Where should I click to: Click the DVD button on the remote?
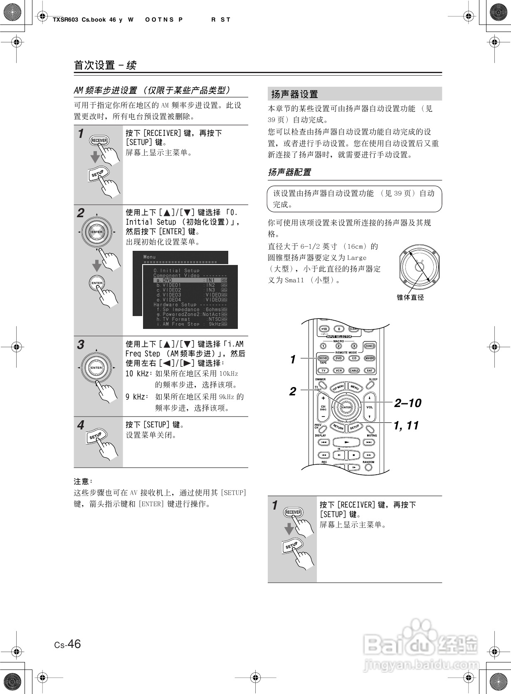[x=339, y=358]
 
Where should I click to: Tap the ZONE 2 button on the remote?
[x=369, y=346]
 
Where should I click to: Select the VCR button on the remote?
[x=339, y=370]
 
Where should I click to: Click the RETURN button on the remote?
[x=338, y=427]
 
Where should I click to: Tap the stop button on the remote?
[x=353, y=455]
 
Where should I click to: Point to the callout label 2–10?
[x=407, y=403]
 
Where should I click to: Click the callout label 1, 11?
[x=406, y=425]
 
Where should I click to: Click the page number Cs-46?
[x=67, y=644]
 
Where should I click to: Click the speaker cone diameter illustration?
[x=420, y=267]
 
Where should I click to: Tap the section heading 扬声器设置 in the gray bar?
[x=294, y=94]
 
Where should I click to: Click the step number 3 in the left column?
[x=81, y=345]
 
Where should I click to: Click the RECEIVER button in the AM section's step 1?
[x=99, y=140]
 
